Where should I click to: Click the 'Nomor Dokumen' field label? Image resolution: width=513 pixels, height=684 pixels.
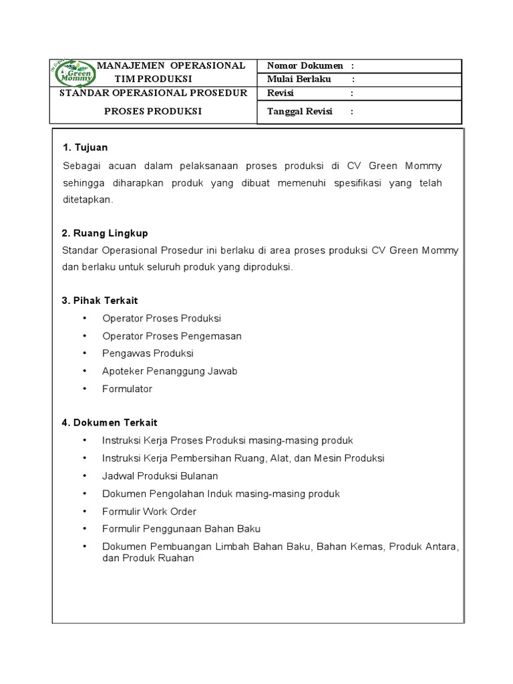click(305, 65)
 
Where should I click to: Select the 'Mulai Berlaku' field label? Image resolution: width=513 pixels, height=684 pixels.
click(299, 79)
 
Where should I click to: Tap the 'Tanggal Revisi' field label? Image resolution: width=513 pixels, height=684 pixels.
click(300, 112)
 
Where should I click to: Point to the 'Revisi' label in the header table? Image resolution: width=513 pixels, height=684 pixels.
click(281, 94)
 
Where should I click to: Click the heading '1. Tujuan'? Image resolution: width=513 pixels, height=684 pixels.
click(85, 147)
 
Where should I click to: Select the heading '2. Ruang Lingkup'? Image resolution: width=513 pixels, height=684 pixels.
click(105, 233)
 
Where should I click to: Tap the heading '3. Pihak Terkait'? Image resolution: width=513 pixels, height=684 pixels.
click(100, 301)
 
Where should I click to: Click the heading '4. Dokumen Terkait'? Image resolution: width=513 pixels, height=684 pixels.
click(110, 422)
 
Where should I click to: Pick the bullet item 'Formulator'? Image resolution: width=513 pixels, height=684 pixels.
click(127, 389)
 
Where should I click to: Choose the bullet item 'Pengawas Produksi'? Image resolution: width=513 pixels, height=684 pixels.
click(148, 353)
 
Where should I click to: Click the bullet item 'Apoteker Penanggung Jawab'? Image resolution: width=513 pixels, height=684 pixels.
click(170, 371)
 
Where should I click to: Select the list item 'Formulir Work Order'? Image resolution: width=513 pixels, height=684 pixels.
click(149, 511)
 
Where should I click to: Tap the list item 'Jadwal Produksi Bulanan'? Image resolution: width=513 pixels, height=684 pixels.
click(160, 476)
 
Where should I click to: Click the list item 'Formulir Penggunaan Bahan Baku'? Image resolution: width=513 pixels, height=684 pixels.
click(181, 528)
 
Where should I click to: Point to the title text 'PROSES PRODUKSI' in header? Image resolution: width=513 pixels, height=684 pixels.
click(153, 112)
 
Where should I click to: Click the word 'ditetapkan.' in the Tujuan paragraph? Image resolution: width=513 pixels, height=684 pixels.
click(88, 199)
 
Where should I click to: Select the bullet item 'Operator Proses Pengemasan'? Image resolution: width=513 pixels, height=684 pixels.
click(172, 336)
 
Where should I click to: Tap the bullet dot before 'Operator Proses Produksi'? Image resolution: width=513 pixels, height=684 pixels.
click(85, 319)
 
